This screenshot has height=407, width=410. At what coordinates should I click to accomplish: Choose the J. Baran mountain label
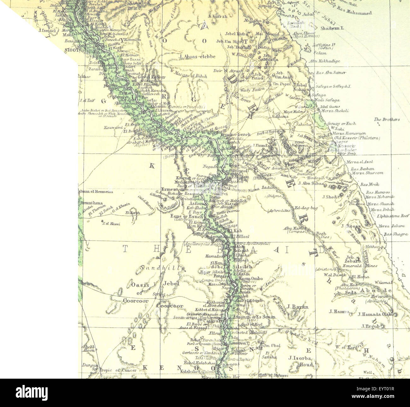298,307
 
